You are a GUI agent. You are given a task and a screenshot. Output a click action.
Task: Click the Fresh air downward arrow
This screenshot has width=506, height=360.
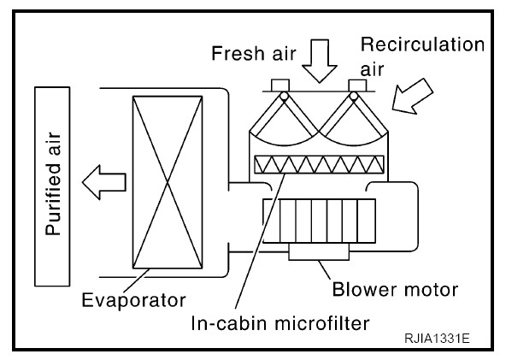[x=320, y=61]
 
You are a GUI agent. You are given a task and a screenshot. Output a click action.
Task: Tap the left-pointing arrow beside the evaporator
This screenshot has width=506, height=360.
[x=104, y=182]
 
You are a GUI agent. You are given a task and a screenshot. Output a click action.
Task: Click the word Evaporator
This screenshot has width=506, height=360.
[x=133, y=300]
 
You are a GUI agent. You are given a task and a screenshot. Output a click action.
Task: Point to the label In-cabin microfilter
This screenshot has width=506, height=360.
[x=280, y=323]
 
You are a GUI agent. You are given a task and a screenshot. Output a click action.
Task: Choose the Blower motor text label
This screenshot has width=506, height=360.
[x=395, y=289]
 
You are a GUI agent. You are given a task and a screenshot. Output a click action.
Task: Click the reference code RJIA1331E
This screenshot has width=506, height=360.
[x=437, y=339]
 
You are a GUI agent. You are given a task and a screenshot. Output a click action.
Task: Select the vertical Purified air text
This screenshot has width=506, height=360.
[x=53, y=183]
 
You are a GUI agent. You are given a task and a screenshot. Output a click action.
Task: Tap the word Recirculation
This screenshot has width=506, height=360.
[x=422, y=44]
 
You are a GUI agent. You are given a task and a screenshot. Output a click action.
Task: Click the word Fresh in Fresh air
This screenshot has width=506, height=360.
[x=238, y=53]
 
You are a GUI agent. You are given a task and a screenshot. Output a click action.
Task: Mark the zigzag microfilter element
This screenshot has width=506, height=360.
[x=319, y=165]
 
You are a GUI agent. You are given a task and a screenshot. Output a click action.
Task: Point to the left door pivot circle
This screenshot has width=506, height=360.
[x=284, y=96]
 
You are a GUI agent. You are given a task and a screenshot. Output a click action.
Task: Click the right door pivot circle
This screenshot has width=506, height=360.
[x=354, y=96]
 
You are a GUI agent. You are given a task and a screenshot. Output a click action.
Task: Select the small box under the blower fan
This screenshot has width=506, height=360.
[x=319, y=251]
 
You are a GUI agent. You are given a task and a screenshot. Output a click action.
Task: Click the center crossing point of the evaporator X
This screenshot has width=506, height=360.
[x=168, y=182]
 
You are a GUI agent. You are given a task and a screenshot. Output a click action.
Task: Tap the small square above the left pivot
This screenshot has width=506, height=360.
[x=280, y=86]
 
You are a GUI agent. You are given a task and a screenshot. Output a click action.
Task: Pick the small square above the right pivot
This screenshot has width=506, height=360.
[x=357, y=86]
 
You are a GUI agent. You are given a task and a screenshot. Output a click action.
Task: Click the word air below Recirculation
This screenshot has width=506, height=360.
[x=372, y=70]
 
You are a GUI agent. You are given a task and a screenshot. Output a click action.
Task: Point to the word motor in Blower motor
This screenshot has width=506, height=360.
[x=428, y=290]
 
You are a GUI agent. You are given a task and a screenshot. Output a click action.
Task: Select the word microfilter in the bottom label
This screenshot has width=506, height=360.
[x=322, y=323]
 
